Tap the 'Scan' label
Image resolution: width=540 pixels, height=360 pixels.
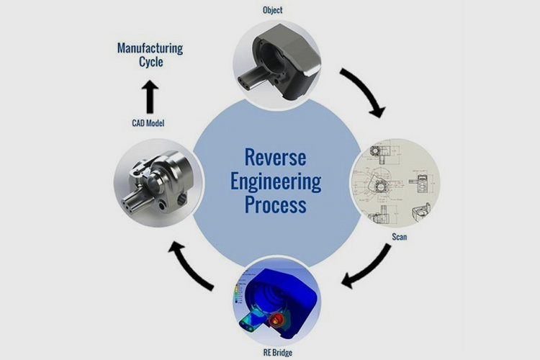click(x=401, y=236)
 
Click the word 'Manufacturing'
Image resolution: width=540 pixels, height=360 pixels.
click(x=150, y=48)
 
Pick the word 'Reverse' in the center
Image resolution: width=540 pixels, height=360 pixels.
click(x=276, y=156)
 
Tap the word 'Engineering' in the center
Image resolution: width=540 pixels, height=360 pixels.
click(x=276, y=180)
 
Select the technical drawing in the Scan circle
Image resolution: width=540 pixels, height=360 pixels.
click(x=395, y=183)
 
